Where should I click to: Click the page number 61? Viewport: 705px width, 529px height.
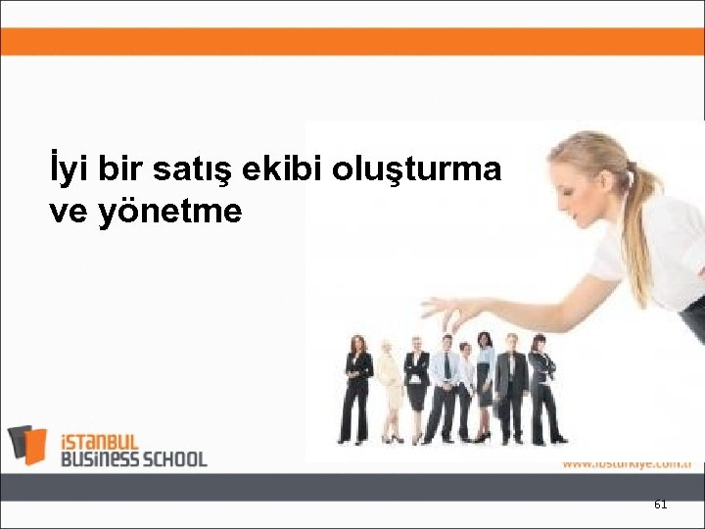(x=660, y=505)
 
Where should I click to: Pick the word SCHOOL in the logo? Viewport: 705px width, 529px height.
(x=174, y=457)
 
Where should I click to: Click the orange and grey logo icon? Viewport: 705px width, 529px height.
(x=27, y=445)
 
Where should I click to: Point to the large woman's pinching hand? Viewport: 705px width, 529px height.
(x=449, y=312)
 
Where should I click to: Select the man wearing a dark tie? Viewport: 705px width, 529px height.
(x=445, y=387)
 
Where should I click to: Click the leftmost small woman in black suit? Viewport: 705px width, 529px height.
(x=357, y=387)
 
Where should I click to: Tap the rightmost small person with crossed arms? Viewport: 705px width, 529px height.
(x=541, y=387)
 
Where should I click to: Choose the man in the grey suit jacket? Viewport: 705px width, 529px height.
(x=510, y=387)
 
